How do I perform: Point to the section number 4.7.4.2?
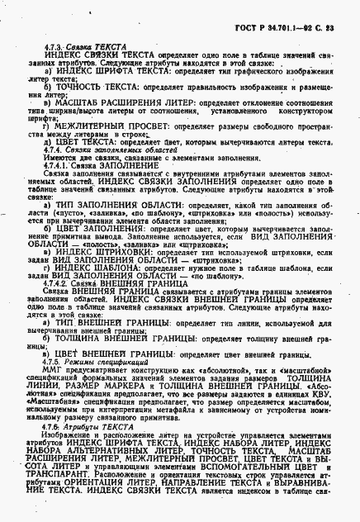60,282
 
